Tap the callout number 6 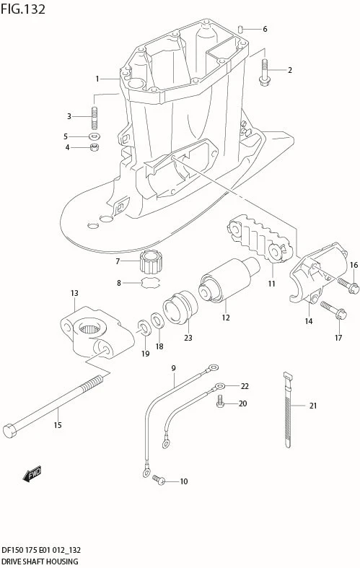265,29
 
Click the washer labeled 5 95,136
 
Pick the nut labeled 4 94,148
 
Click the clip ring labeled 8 151,283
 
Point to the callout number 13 74,293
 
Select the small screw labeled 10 159,481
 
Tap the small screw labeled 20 221,403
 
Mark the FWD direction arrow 32,474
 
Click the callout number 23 188,337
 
